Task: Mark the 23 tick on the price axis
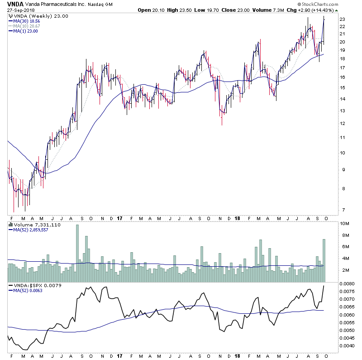point(343,19)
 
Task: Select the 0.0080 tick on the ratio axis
point(347,283)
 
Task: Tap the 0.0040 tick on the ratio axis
point(347,346)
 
